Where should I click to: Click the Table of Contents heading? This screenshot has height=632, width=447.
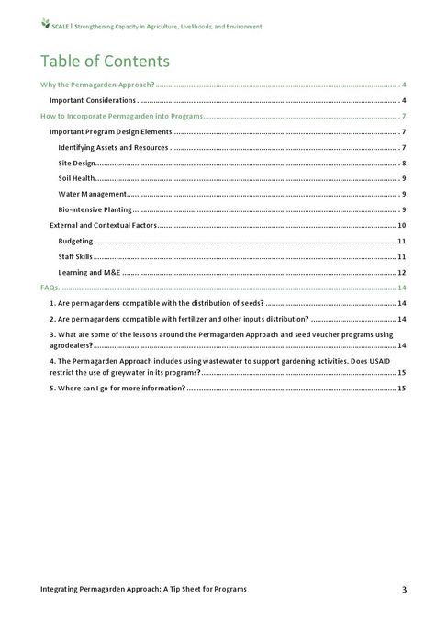pos(104,62)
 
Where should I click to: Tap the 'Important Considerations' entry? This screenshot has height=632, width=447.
pos(93,99)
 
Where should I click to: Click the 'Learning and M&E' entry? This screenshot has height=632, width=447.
pos(89,273)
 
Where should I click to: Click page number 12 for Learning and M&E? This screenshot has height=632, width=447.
pos(401,273)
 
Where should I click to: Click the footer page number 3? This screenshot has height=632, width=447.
pos(403,588)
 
